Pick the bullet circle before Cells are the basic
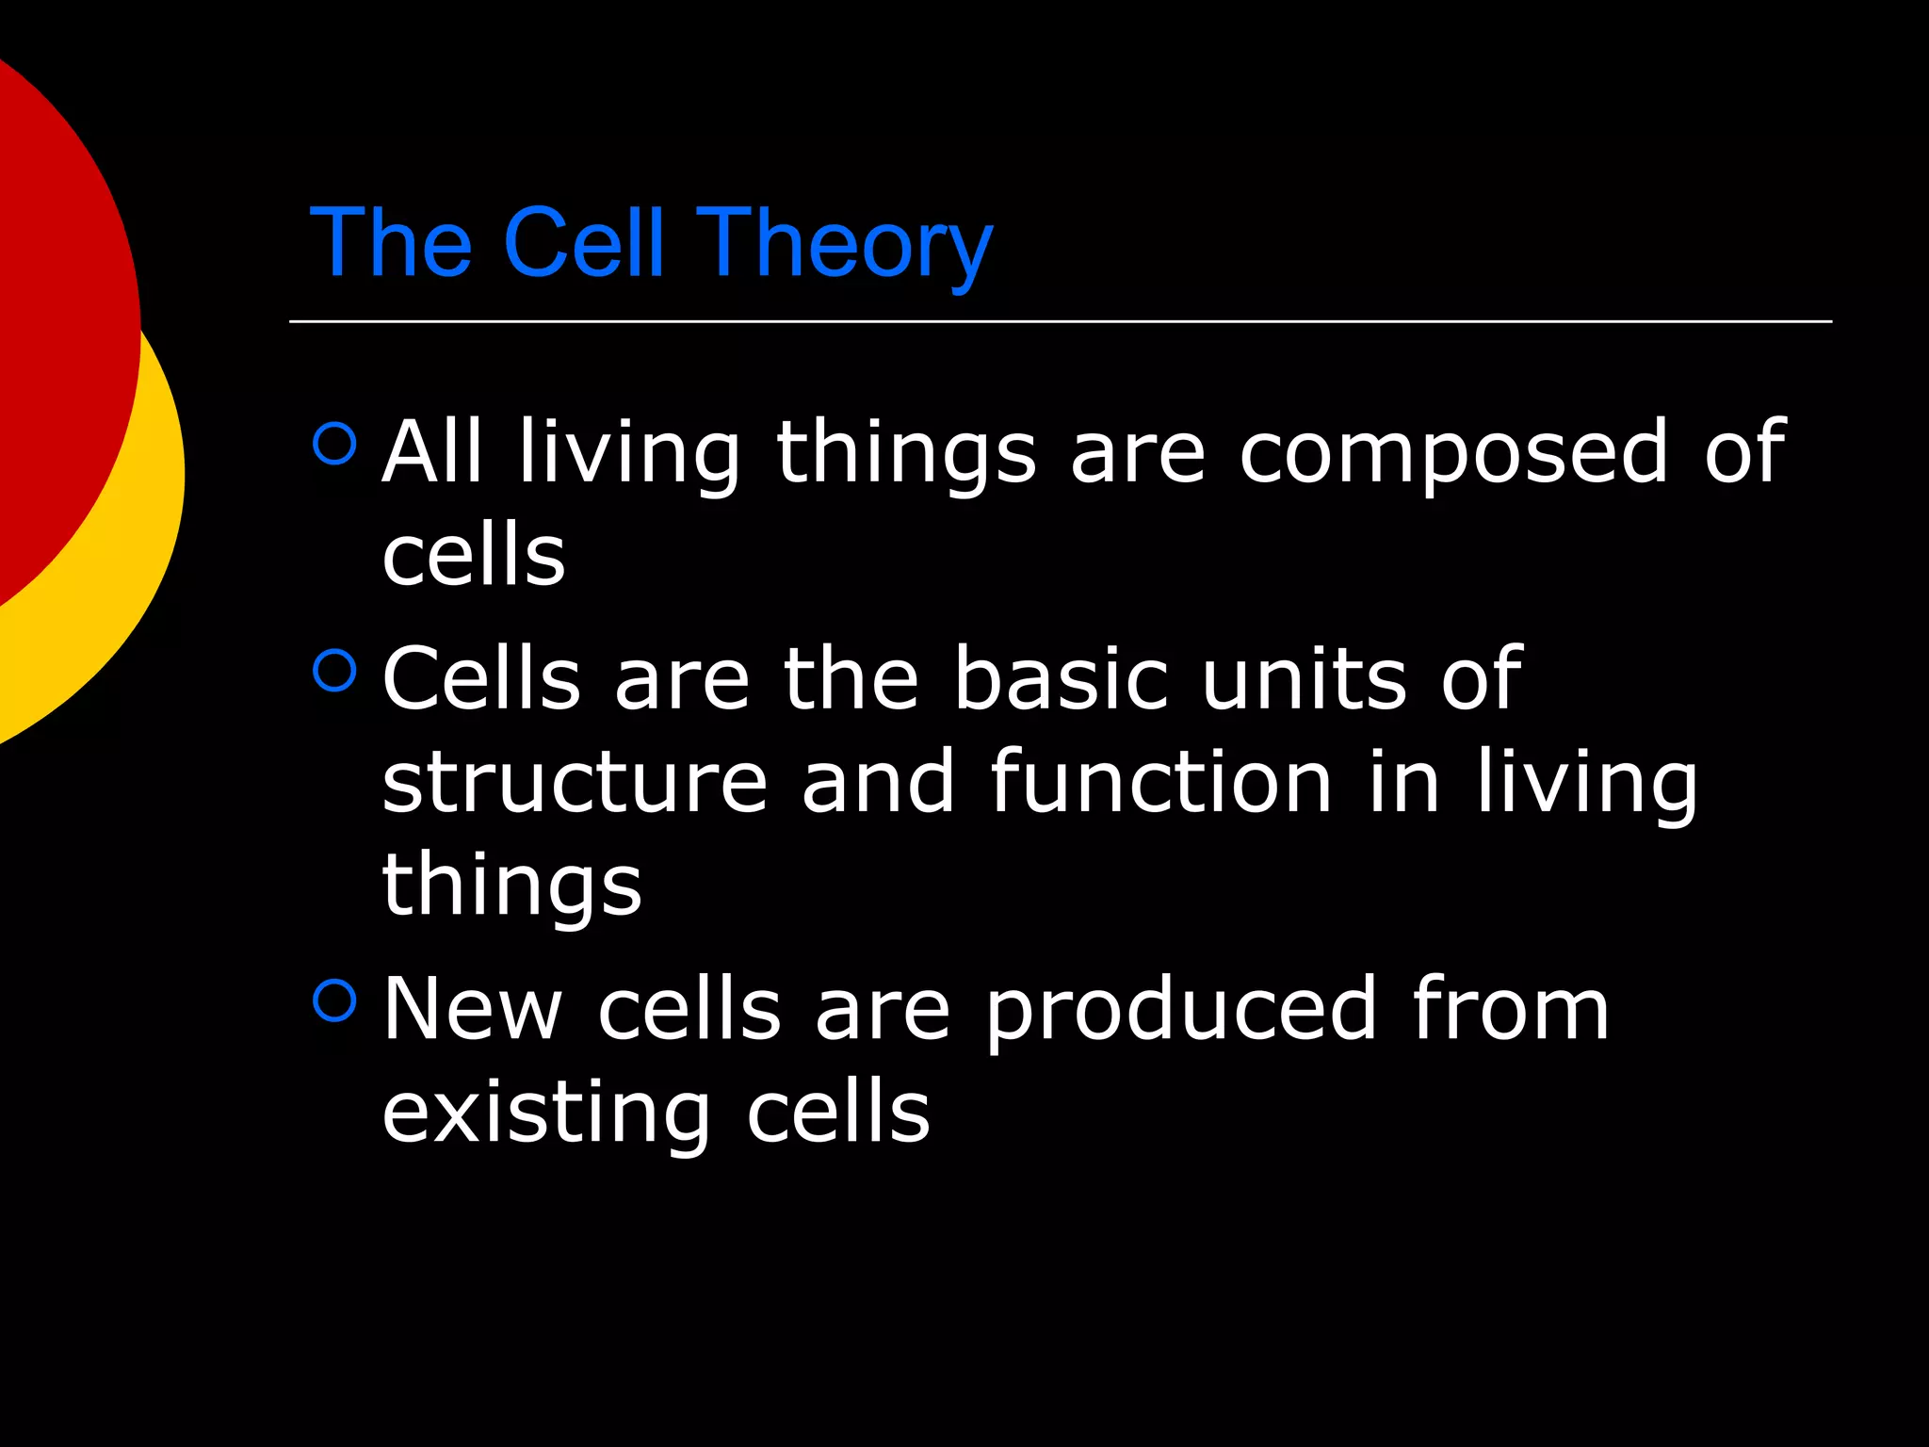pyautogui.click(x=334, y=671)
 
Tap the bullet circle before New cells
pyautogui.click(x=334, y=1000)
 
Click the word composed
pyautogui.click(x=1453, y=452)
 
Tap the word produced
pyautogui.click(x=1182, y=1010)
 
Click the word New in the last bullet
pyautogui.click(x=472, y=1010)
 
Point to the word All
pyautogui.click(x=432, y=452)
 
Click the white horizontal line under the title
pyautogui.click(x=1060, y=321)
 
